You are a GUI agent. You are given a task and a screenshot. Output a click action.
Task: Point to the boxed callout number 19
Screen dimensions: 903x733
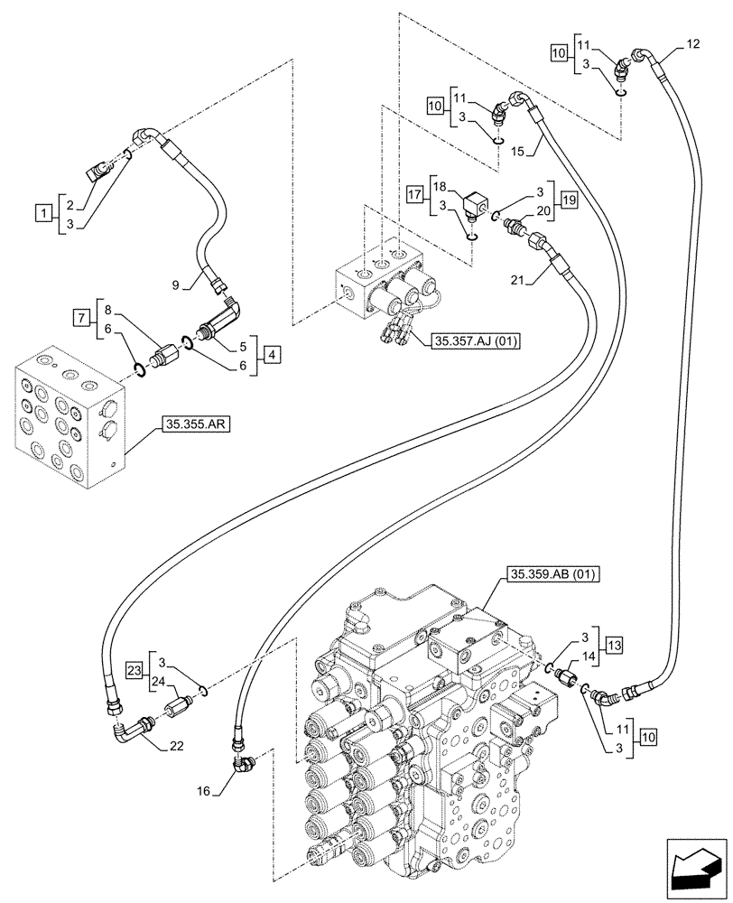[x=567, y=200]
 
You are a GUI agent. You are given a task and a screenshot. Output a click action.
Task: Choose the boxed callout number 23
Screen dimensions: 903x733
[x=135, y=671]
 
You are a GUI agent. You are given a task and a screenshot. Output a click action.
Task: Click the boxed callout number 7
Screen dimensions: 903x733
[x=82, y=316]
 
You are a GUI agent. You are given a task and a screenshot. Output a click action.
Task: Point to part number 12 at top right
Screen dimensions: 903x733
[x=691, y=42]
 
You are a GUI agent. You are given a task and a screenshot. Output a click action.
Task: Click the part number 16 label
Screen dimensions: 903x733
[x=203, y=791]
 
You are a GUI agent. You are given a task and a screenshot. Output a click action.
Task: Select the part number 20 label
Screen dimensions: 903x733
[x=543, y=210]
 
